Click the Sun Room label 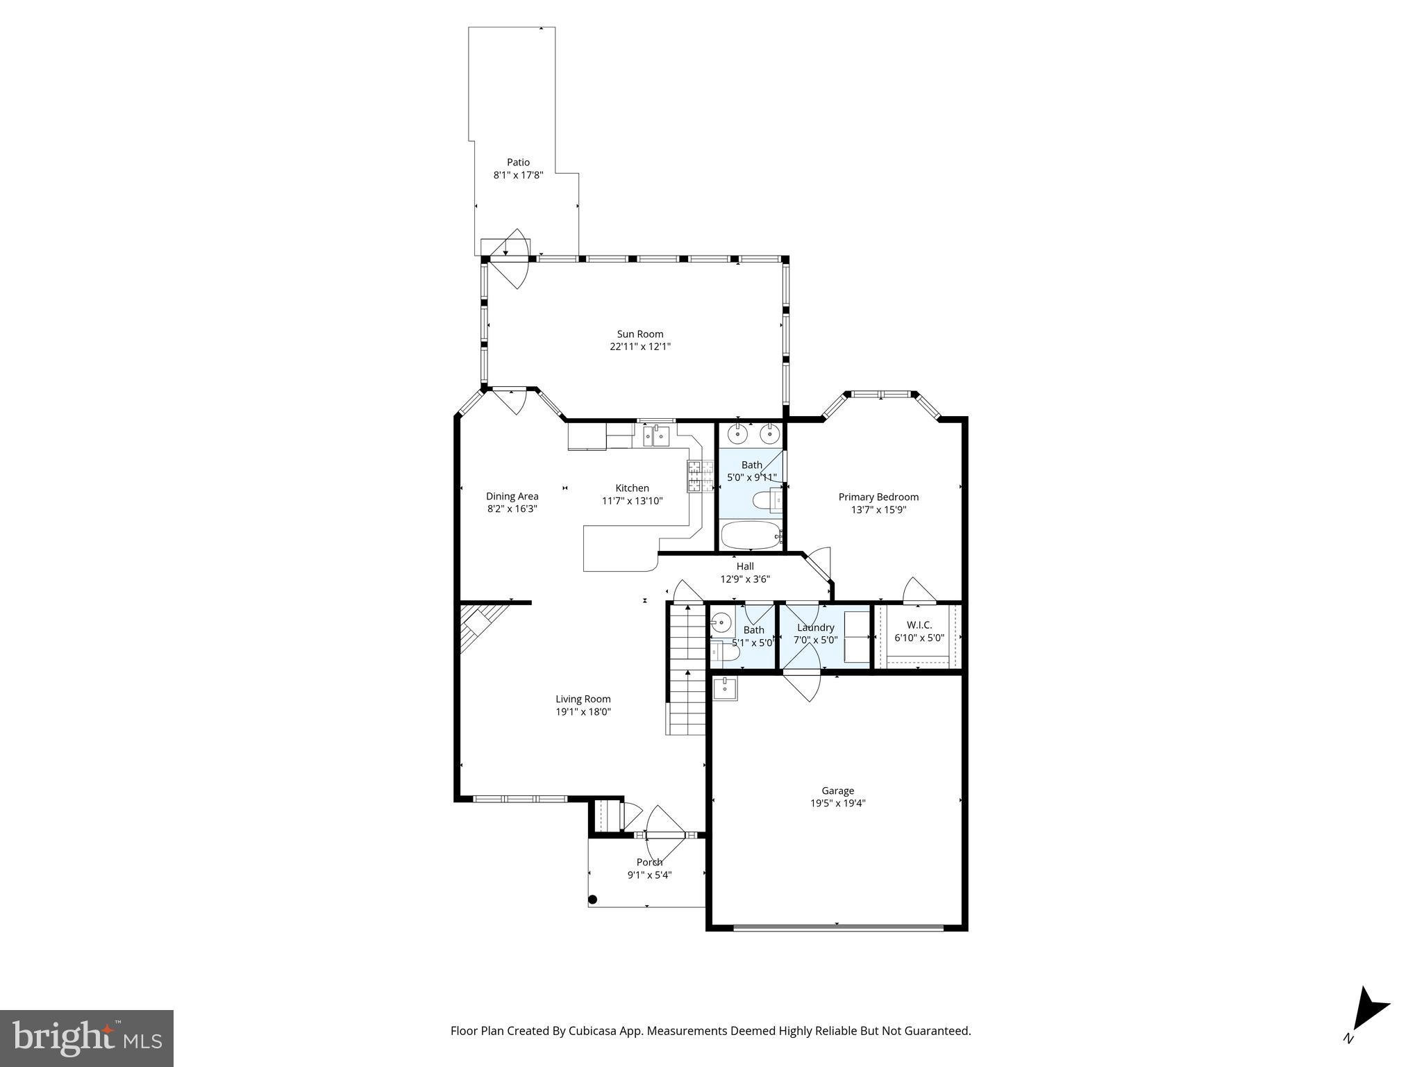pos(639,334)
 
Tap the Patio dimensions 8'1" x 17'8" pos(518,176)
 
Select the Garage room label pos(837,791)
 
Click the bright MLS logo pos(87,1039)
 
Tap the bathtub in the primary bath pos(751,536)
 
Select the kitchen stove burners pos(701,477)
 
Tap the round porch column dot pos(592,900)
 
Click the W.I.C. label pos(919,625)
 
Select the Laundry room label pos(815,627)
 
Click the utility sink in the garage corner pos(726,688)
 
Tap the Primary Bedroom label pos(878,497)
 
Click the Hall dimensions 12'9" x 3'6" pos(744,579)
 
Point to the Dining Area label pos(512,496)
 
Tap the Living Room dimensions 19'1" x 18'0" pos(583,712)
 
